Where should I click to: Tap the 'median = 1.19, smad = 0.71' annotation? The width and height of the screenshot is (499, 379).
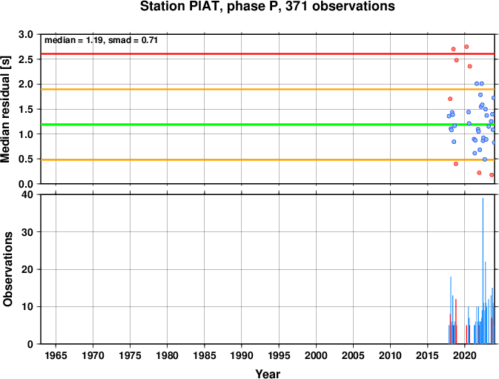point(101,40)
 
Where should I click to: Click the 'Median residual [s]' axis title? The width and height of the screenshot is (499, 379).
point(6,109)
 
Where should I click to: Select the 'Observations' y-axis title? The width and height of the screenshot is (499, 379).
point(7,269)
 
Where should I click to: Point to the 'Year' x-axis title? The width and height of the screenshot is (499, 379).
point(268,374)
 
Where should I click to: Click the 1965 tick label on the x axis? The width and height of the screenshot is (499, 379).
point(56,355)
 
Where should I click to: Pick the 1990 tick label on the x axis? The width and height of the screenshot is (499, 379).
point(242,355)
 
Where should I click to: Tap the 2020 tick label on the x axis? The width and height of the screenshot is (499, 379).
point(465,355)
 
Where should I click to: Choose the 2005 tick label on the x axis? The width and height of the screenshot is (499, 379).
point(353,355)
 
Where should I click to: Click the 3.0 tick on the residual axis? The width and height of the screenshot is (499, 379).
point(26,34)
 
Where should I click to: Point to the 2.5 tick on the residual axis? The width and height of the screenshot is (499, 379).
point(26,59)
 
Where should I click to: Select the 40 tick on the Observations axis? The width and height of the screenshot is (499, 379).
point(27,194)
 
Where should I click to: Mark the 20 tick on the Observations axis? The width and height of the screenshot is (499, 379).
point(27,269)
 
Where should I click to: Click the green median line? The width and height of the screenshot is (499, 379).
point(268,125)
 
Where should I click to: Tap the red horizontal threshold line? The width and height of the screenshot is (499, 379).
point(268,54)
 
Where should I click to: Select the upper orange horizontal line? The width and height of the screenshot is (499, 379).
point(268,89)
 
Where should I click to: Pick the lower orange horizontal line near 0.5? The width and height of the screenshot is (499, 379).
point(268,159)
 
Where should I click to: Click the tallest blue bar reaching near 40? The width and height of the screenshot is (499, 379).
point(483,271)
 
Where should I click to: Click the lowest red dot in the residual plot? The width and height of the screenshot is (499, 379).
point(492,175)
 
